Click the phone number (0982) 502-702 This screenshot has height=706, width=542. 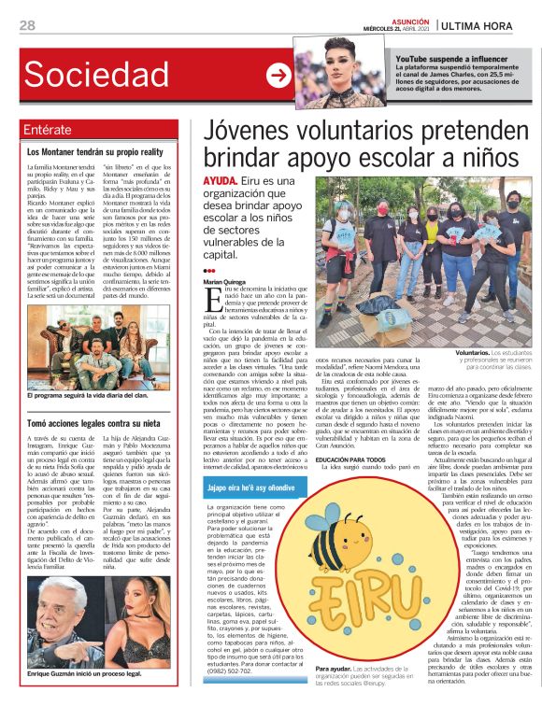point(237,671)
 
